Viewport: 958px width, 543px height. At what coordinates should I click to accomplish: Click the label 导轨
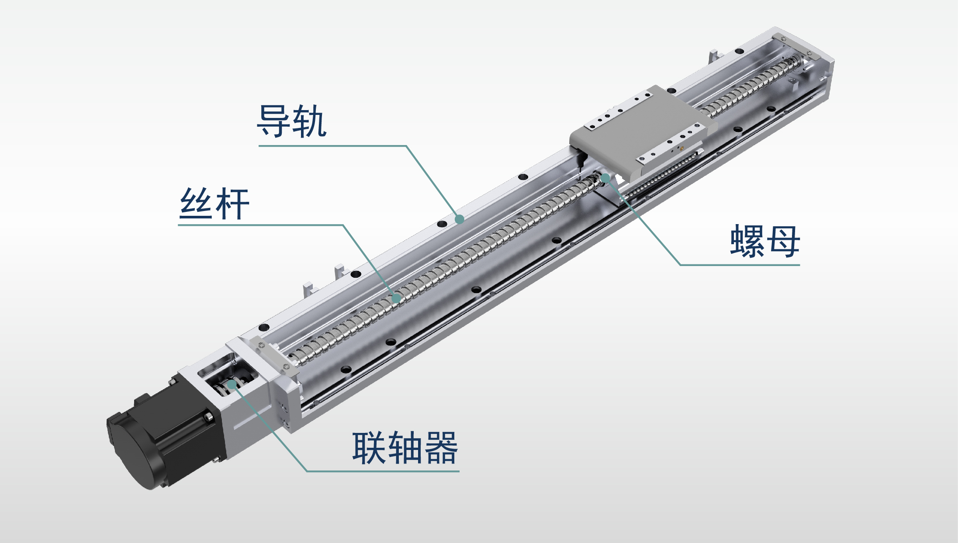point(291,121)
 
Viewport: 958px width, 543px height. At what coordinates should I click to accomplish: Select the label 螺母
point(764,241)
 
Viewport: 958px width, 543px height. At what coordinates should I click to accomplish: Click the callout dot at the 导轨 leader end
point(459,219)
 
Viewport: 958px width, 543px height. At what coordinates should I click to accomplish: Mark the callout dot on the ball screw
point(396,298)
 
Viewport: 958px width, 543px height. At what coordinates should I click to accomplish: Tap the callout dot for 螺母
point(605,178)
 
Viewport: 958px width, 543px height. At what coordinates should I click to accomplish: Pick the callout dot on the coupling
point(232,384)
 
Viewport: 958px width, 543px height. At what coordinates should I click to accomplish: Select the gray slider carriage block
point(642,133)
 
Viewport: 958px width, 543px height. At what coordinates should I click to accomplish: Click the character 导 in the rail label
point(274,121)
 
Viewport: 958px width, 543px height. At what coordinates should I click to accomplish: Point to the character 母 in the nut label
point(783,241)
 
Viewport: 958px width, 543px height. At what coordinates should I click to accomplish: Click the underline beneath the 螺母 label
point(740,265)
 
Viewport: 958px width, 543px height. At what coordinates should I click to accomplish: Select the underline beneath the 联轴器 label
point(383,471)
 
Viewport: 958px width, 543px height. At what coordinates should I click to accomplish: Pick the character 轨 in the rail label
point(309,121)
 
